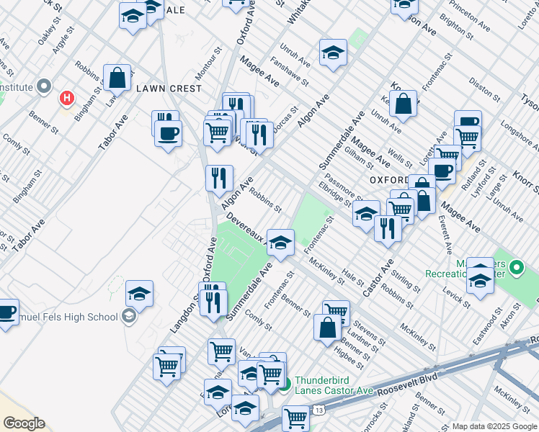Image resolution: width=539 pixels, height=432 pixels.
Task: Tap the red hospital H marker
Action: [x=67, y=96]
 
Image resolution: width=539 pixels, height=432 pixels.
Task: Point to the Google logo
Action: [x=24, y=423]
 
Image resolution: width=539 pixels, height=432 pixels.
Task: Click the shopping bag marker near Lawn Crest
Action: [x=117, y=78]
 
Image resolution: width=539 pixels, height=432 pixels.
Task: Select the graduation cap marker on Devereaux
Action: [x=280, y=243]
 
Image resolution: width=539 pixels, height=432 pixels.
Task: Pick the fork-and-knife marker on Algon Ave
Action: [x=219, y=177]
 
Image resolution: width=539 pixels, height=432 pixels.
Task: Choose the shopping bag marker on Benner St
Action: [x=328, y=327]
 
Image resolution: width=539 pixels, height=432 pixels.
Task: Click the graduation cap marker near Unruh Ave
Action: [x=333, y=53]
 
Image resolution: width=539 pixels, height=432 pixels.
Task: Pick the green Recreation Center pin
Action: [x=516, y=268]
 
